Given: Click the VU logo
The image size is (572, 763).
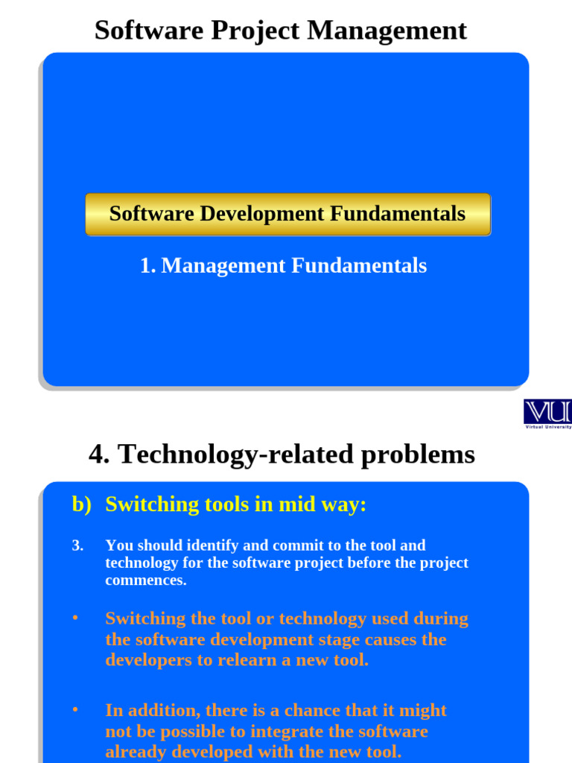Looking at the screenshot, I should pyautogui.click(x=547, y=411).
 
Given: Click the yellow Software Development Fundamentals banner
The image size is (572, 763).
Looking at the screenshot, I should pyautogui.click(x=287, y=215).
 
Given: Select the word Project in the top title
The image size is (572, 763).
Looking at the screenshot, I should pyautogui.click(x=256, y=31).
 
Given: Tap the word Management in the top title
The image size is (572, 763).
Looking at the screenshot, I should pyautogui.click(x=387, y=31).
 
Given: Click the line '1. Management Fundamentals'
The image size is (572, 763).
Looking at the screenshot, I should pyautogui.click(x=283, y=265).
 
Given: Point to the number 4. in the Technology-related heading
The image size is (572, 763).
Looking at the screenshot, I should pyautogui.click(x=99, y=454).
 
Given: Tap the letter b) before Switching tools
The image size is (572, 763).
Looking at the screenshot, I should pyautogui.click(x=81, y=504).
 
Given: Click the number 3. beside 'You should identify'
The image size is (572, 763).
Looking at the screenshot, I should pyautogui.click(x=77, y=545).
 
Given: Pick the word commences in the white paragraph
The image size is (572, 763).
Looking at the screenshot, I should pyautogui.click(x=145, y=580).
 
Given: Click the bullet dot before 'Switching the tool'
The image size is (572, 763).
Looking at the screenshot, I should pyautogui.click(x=75, y=618).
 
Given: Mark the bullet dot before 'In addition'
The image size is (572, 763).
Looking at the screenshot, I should pyautogui.click(x=75, y=709).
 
